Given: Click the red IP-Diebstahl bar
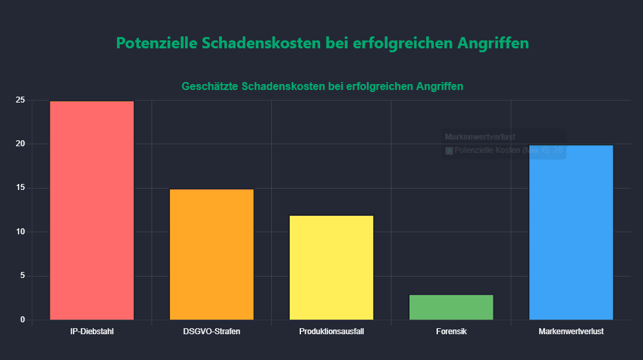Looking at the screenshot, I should [x=92, y=210].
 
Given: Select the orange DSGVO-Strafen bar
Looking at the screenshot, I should [x=212, y=255].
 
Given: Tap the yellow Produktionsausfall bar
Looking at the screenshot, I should [x=331, y=267].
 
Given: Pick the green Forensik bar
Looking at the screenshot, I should [x=451, y=307].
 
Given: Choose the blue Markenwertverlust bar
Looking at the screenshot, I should [x=571, y=232].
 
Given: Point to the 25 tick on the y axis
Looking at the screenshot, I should [x=21, y=100].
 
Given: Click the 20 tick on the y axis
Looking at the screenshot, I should [x=21, y=144].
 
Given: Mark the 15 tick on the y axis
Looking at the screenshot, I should [x=21, y=188].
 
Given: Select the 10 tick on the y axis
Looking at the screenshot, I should [x=21, y=232].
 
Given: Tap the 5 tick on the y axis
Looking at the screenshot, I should [x=22, y=276].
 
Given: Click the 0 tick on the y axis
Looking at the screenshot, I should [x=22, y=320].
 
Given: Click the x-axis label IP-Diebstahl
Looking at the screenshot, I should [x=92, y=331].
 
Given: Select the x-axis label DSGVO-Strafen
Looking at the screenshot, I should [x=212, y=331].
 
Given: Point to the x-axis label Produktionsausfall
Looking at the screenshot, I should [x=331, y=331].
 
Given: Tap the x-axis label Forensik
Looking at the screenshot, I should [x=451, y=331].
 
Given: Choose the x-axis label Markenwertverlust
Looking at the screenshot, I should [x=571, y=331].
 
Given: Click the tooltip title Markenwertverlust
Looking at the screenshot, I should [x=471, y=137].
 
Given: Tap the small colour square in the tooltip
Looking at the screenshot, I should [x=449, y=151].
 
